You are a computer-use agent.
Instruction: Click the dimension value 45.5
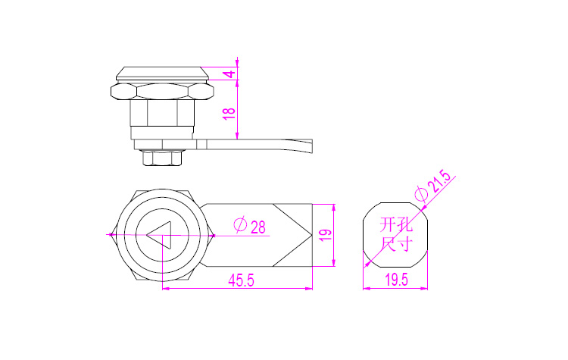pos(242,280)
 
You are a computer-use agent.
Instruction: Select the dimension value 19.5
pos(396,280)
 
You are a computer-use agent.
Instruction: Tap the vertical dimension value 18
pos(229,114)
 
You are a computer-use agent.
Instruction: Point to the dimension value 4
pos(229,74)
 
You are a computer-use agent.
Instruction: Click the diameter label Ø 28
pos(250,226)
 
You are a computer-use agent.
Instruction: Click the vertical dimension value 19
pos(326,235)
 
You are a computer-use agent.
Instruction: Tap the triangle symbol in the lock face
pos(159,235)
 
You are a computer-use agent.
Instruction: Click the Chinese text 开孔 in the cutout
pos(396,225)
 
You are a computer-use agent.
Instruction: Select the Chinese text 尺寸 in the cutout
pos(396,243)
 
